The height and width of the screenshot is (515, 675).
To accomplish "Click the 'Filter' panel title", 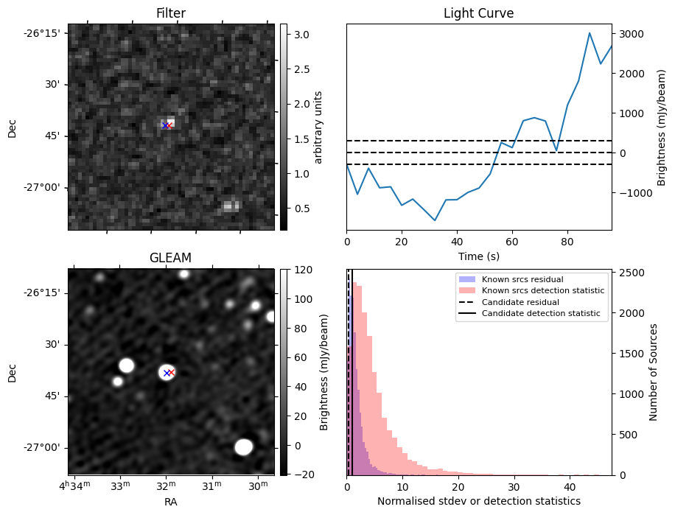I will click(x=171, y=13).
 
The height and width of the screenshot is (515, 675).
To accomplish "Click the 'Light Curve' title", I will click(x=478, y=13).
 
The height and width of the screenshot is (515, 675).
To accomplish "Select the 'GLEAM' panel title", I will click(x=171, y=258).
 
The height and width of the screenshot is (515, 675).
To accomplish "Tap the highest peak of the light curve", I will click(x=590, y=33).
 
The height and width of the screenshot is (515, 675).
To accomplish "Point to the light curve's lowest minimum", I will click(x=435, y=220).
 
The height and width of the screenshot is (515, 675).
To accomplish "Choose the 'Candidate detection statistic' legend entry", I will click(x=540, y=314).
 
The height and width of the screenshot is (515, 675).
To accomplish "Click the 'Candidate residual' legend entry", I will click(x=520, y=302).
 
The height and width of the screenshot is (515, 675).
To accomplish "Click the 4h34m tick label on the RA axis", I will click(x=75, y=486).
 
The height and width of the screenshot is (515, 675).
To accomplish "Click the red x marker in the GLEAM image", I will click(x=171, y=373).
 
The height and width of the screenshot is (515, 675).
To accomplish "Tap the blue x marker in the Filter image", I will click(x=164, y=126).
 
